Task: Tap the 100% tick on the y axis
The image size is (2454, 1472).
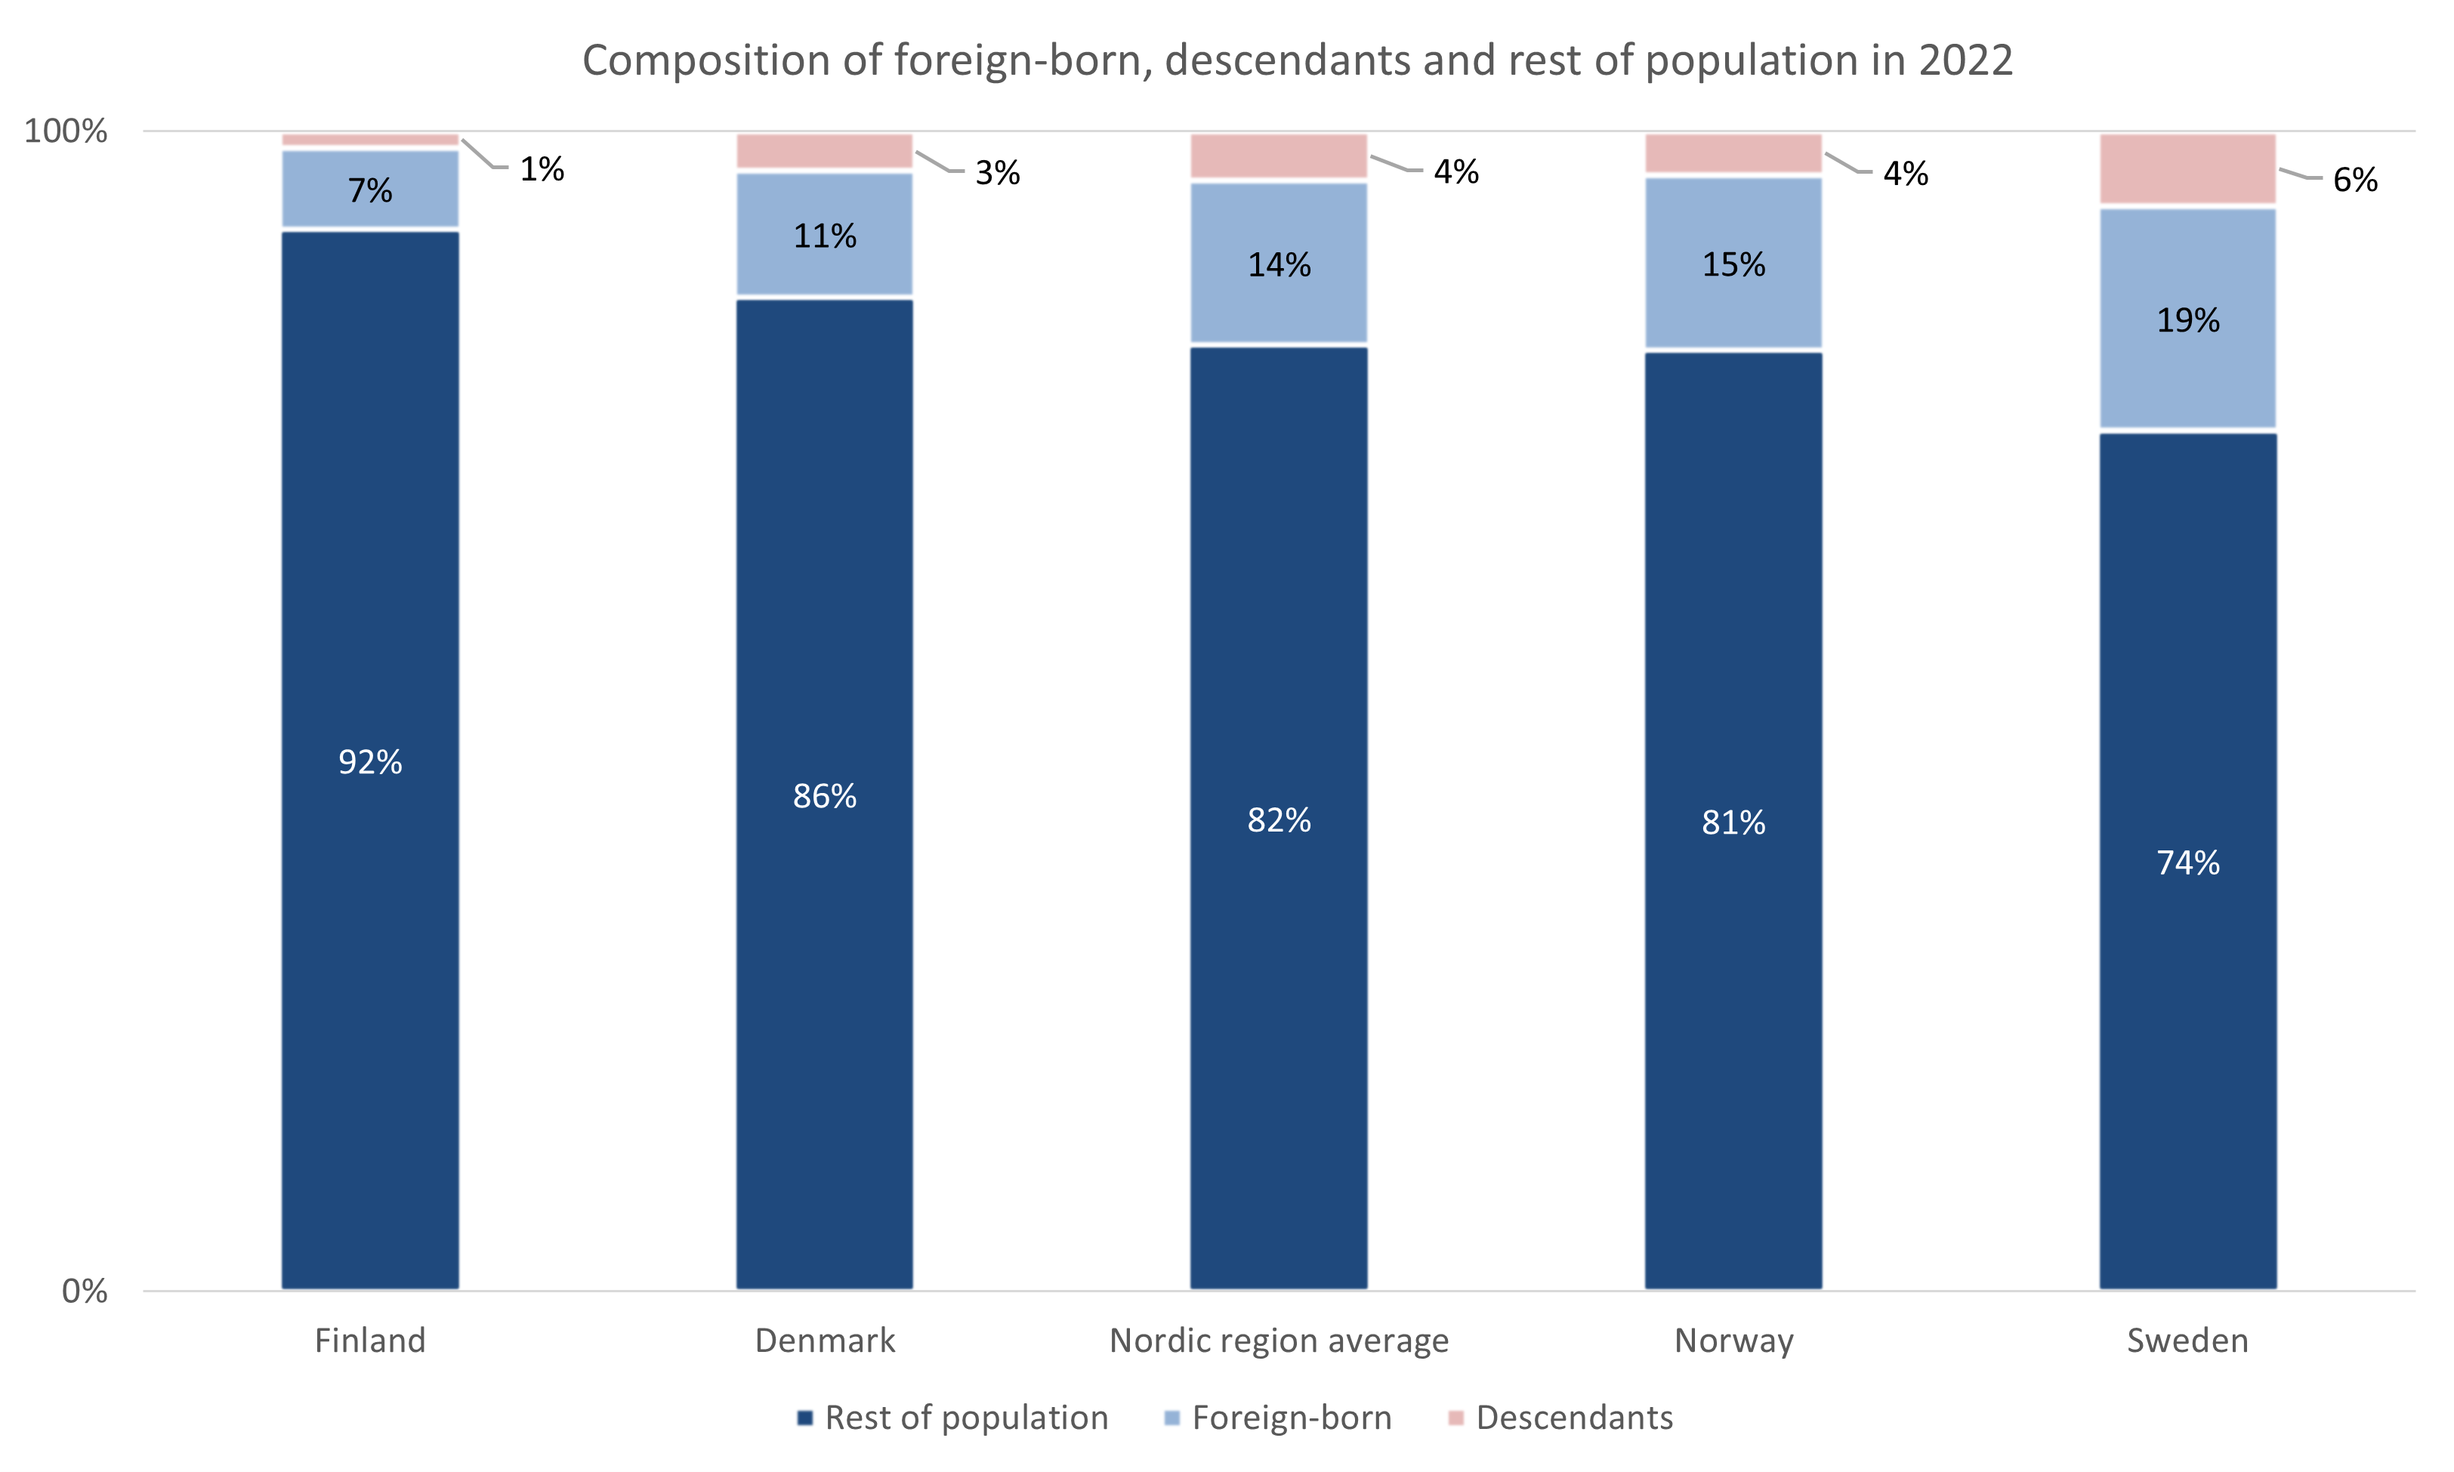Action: pyautogui.click(x=66, y=131)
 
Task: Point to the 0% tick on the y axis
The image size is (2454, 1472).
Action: pyautogui.click(x=85, y=1291)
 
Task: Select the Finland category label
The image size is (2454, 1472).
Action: pyautogui.click(x=370, y=1340)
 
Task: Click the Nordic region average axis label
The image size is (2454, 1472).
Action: pyautogui.click(x=1279, y=1340)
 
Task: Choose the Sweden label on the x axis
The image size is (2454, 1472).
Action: pyautogui.click(x=2187, y=1340)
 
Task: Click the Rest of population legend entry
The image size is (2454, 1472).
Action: pyautogui.click(x=965, y=1418)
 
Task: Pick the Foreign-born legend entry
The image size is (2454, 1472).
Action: pyautogui.click(x=1291, y=1418)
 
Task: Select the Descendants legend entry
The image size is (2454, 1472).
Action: pyautogui.click(x=1573, y=1418)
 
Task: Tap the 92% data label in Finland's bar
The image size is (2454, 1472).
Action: pyautogui.click(x=370, y=762)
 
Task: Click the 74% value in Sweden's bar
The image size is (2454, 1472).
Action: pyautogui.click(x=2188, y=862)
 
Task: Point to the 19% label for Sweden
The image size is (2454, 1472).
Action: pyautogui.click(x=2188, y=319)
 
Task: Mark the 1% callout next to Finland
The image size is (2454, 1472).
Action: pyautogui.click(x=542, y=170)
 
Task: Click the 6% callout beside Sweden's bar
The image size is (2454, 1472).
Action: pyautogui.click(x=2355, y=180)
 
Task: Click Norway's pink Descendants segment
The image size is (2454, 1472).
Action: pyautogui.click(x=1733, y=154)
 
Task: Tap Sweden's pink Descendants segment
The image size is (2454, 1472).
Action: pyautogui.click(x=2188, y=168)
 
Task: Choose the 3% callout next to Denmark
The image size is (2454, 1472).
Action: pyautogui.click(x=997, y=173)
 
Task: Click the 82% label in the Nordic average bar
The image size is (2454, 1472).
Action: pyautogui.click(x=1279, y=820)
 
